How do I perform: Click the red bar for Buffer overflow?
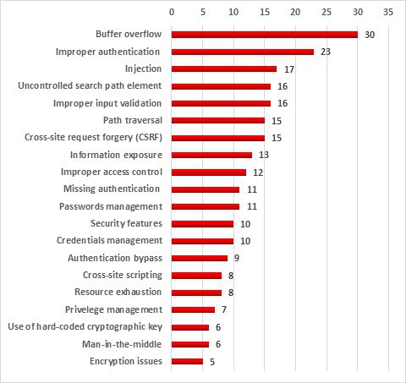pyautogui.click(x=265, y=35)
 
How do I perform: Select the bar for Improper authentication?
pyautogui.click(x=243, y=52)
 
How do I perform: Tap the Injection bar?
pyautogui.click(x=224, y=69)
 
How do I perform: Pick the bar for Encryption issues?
pyautogui.click(x=187, y=361)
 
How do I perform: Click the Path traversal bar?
pyautogui.click(x=218, y=121)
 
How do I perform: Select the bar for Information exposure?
pyautogui.click(x=211, y=155)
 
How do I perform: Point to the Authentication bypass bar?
pyautogui.click(x=200, y=258)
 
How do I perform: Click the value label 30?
pyautogui.click(x=370, y=35)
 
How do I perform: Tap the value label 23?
pyautogui.click(x=326, y=52)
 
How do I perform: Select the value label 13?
pyautogui.click(x=264, y=155)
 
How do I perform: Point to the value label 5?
pyautogui.click(x=212, y=362)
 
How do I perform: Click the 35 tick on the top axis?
pyautogui.click(x=388, y=12)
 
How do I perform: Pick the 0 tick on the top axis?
pyautogui.click(x=172, y=12)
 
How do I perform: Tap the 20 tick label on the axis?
pyautogui.click(x=295, y=12)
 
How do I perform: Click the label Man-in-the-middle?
pyautogui.click(x=122, y=344)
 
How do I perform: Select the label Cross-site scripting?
pyautogui.click(x=123, y=275)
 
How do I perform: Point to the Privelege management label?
pyautogui.click(x=113, y=309)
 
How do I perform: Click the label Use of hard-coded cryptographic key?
pyautogui.click(x=85, y=326)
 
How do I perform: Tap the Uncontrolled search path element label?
pyautogui.click(x=90, y=85)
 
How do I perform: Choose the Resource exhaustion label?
pyautogui.click(x=118, y=292)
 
